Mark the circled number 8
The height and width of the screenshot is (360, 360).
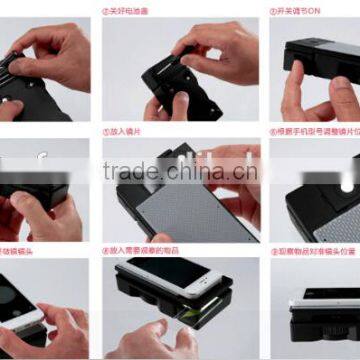107,250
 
